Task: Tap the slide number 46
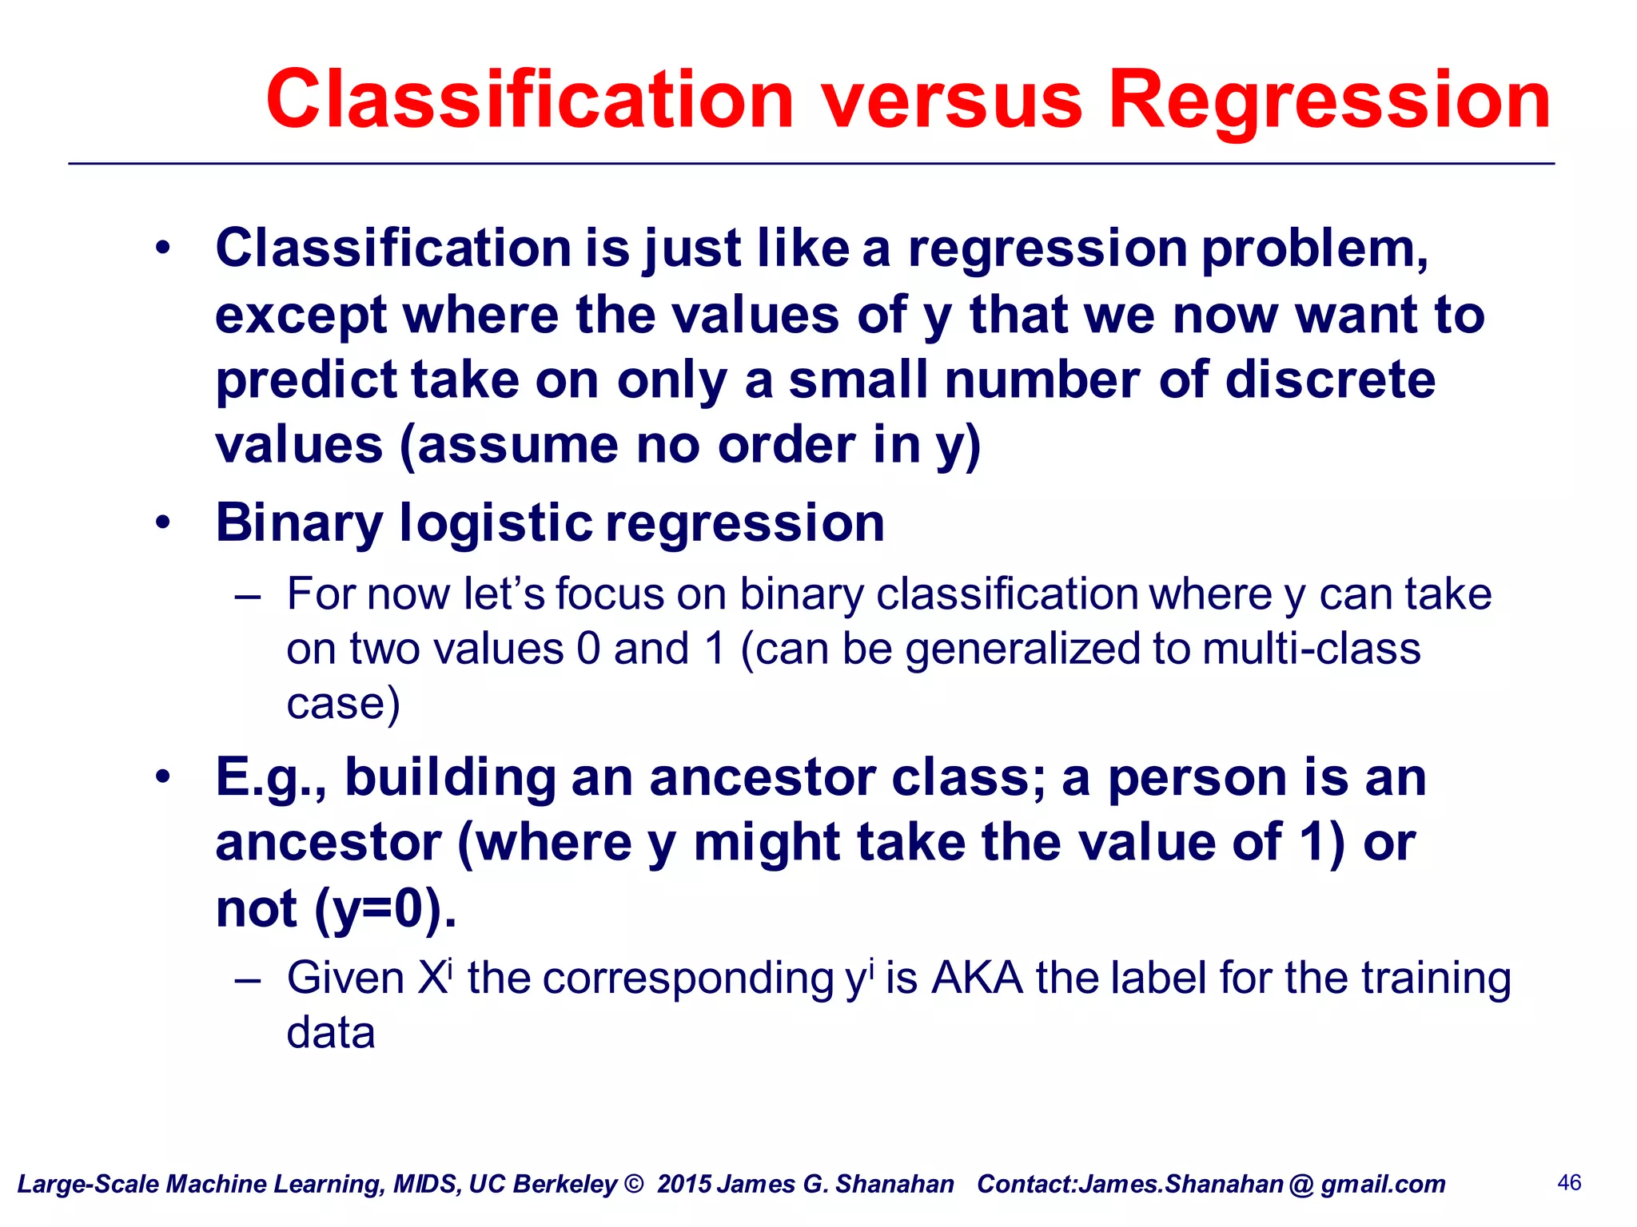(x=1569, y=1182)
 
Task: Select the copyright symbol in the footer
(x=634, y=1184)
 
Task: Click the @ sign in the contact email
(x=1300, y=1185)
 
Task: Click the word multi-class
(x=1311, y=648)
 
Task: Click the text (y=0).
(x=385, y=908)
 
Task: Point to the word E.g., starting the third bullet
(x=272, y=778)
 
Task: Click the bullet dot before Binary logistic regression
(x=163, y=524)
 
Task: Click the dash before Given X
(x=248, y=979)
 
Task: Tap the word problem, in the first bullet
(x=1315, y=248)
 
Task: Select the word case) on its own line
(x=343, y=703)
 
